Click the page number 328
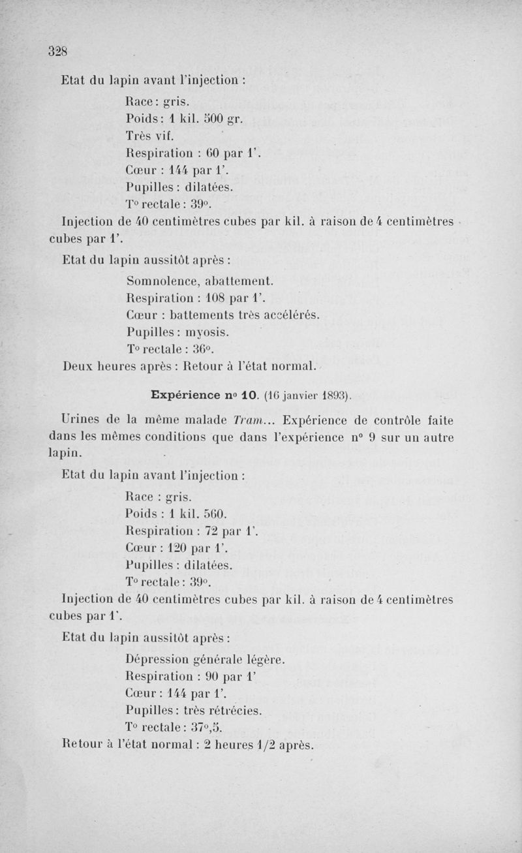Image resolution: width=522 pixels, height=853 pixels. pos(58,51)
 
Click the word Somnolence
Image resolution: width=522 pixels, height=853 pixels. pos(159,281)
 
